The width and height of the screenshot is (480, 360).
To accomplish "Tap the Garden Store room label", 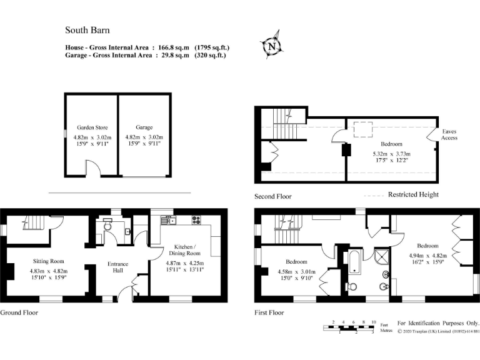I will tap(92, 127).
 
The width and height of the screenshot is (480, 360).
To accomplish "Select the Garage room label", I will tap(144, 127).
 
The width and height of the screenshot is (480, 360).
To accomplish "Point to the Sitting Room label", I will tap(49, 261).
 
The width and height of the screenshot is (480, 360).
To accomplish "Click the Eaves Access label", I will tap(449, 135).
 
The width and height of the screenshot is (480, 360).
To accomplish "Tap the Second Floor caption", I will tap(273, 196).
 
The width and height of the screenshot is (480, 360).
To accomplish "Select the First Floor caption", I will tap(269, 312).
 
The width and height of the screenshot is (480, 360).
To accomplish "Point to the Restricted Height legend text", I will tap(413, 194).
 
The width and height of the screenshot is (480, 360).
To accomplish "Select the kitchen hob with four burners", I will tap(195, 220).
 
